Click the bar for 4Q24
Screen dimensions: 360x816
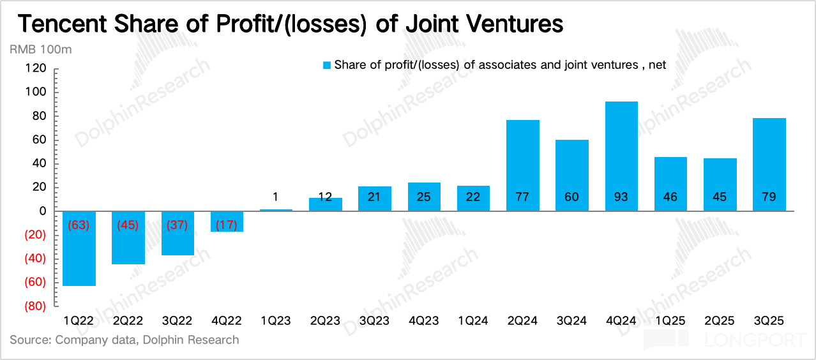(621, 156)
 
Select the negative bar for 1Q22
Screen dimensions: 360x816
(79, 249)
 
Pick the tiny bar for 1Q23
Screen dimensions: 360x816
(276, 210)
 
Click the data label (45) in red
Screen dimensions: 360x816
(128, 225)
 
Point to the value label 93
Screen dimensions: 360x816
(621, 197)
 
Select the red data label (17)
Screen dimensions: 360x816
(227, 225)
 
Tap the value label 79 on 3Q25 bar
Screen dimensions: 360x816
(769, 197)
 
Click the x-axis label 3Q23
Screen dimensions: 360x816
(374, 320)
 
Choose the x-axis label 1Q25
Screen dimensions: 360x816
(670, 320)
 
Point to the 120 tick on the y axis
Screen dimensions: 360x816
(37, 68)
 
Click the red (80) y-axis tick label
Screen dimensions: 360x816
(36, 306)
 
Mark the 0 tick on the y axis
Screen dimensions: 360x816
(43, 211)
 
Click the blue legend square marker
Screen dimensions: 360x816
(326, 65)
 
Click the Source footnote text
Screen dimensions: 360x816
(125, 340)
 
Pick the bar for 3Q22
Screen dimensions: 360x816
(178, 233)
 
